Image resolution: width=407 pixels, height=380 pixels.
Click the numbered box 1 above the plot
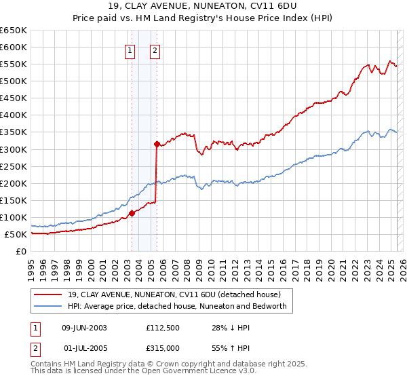pos(129,50)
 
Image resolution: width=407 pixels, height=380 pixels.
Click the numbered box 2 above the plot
pos(155,50)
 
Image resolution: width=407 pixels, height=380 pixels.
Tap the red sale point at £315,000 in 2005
pos(157,144)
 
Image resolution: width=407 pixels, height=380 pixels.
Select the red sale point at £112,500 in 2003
pos(132,213)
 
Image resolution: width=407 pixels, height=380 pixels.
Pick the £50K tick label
pos(16,235)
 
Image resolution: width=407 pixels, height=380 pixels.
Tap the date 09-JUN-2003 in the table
pos(84,328)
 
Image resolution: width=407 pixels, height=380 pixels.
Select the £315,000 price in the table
pos(163,347)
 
